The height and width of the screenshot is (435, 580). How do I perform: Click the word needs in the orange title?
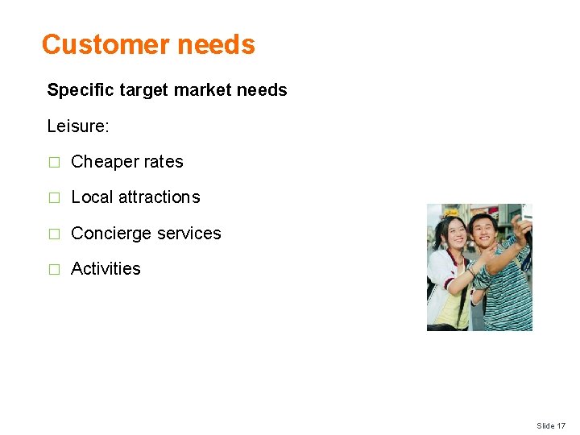point(217,44)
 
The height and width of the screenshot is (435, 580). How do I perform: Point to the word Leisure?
point(75,126)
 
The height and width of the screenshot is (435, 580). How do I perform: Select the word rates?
point(164,162)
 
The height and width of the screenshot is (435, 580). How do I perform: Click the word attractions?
point(159,197)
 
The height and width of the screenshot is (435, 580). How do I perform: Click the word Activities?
point(106,269)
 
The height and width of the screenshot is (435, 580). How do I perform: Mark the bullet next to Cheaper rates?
point(54,163)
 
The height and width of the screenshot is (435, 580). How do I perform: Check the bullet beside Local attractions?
point(54,198)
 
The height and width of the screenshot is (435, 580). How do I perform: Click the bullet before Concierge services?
point(54,234)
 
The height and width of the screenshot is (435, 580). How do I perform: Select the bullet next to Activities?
point(54,270)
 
